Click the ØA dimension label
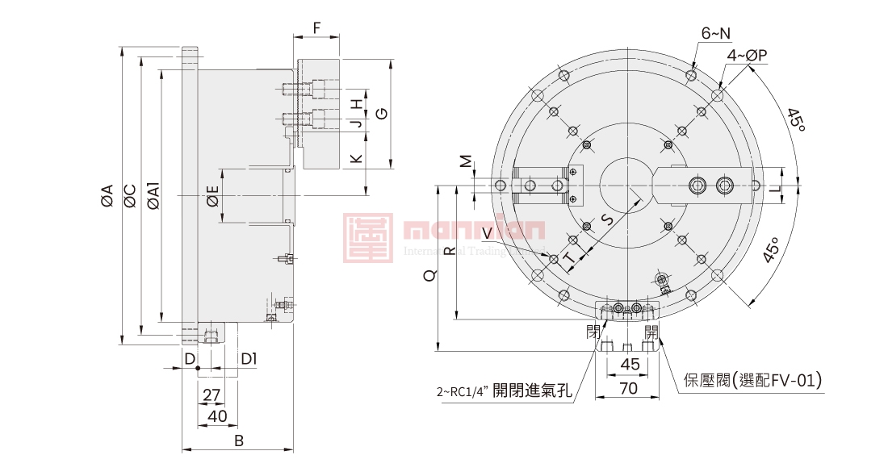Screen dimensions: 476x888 coord(107,195)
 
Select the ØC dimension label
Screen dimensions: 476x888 coord(129,195)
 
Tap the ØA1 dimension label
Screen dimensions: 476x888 coord(153,195)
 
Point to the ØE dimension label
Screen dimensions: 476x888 coord(212,195)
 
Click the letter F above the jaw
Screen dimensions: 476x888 coord(316,28)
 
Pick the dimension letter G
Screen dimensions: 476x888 coord(382,113)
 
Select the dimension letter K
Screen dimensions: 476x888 coord(356,157)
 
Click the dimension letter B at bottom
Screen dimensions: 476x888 coord(238,441)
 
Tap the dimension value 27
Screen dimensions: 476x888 coord(211,395)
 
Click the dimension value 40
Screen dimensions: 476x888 coord(217,415)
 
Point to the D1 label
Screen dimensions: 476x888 coord(249,358)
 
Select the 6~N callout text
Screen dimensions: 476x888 coord(715,33)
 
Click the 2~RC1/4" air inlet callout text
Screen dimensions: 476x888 coord(505,393)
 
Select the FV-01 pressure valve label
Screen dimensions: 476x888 coord(752,379)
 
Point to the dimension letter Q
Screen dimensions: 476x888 coord(429,275)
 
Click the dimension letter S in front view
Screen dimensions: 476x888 coord(607,219)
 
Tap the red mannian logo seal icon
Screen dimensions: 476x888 coord(368,238)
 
